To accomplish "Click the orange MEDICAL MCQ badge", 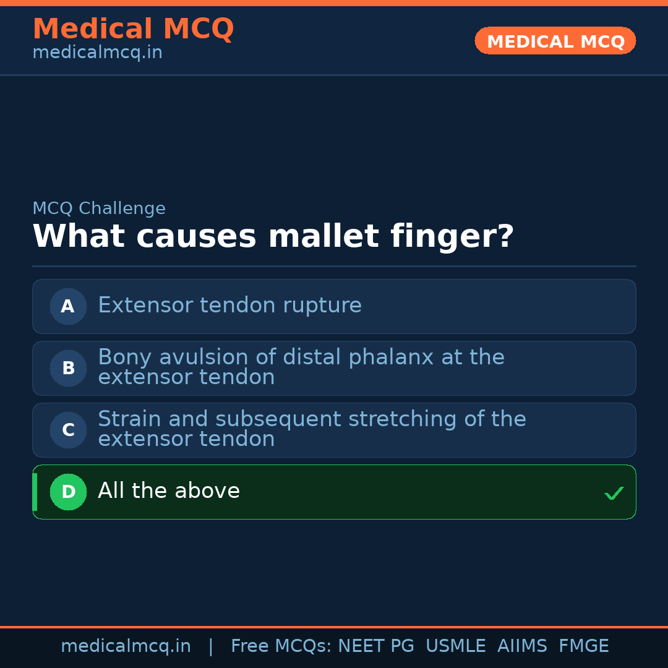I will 555,41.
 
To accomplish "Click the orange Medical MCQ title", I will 133,29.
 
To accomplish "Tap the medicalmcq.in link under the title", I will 97,53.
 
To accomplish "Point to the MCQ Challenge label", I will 99,208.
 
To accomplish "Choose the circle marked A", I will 68,306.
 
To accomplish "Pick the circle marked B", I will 68,368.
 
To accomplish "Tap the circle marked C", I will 68,430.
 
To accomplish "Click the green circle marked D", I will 68,492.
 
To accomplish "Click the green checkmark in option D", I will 614,493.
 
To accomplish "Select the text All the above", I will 168,491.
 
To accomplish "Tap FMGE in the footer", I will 583,646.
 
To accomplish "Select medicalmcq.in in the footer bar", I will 126,646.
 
